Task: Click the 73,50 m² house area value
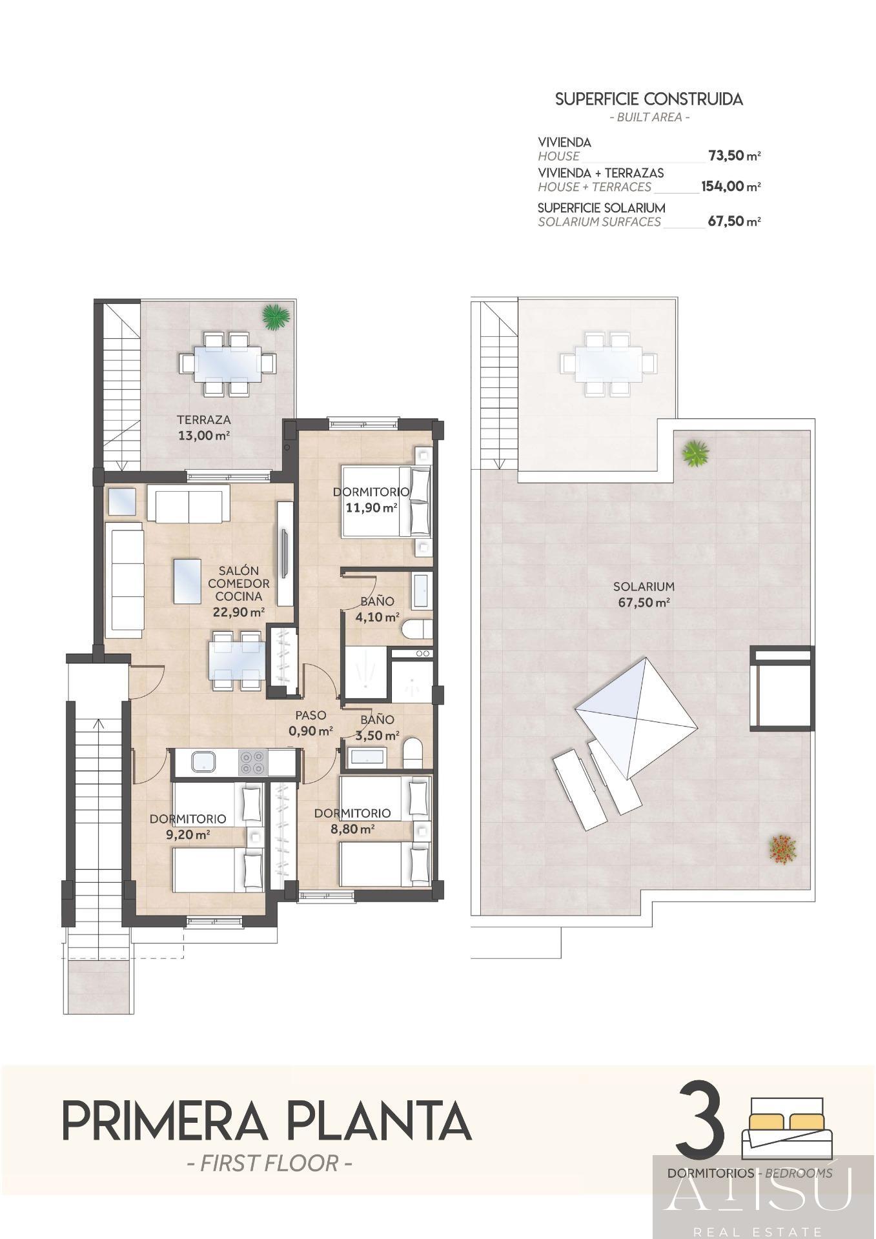click(x=734, y=156)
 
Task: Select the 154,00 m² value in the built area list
click(x=730, y=187)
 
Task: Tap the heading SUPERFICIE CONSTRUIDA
click(x=649, y=99)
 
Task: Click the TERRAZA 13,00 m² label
click(x=204, y=428)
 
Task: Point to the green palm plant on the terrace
click(x=276, y=316)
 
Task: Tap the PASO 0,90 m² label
click(x=311, y=723)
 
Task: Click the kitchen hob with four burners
click(x=252, y=762)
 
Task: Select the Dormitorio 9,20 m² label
click(x=188, y=826)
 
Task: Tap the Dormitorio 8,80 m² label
click(x=352, y=821)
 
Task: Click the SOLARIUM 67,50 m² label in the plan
click(x=644, y=594)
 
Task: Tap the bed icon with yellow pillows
click(x=787, y=1127)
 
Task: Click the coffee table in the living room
click(x=192, y=581)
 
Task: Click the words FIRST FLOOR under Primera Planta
click(x=269, y=1163)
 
